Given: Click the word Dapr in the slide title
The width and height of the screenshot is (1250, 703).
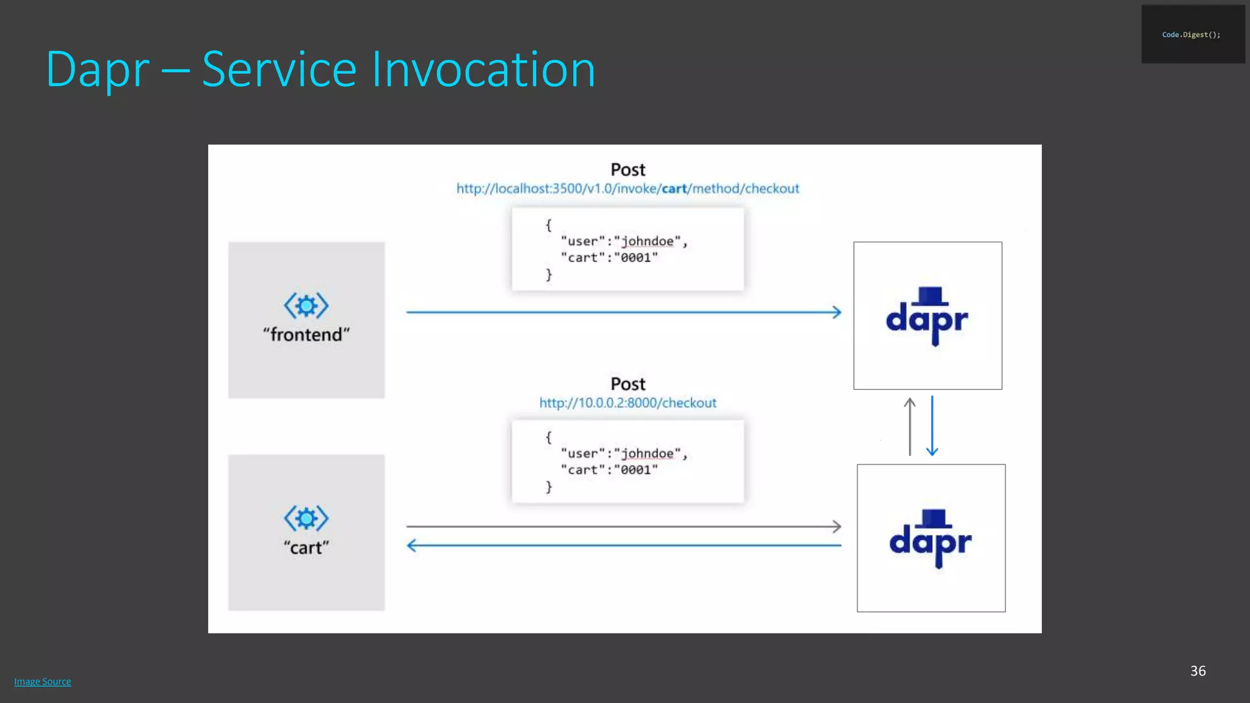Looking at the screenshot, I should tap(98, 70).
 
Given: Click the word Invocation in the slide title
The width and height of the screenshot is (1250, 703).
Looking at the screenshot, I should tap(483, 70).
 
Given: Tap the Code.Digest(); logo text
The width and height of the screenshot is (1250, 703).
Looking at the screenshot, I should tap(1191, 35).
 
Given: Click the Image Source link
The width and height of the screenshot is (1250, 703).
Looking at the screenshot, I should tap(43, 682).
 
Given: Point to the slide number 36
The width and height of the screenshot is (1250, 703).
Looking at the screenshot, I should tap(1198, 671).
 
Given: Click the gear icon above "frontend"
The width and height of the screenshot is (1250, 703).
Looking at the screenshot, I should tap(306, 305).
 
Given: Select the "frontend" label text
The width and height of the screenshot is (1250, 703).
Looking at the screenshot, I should tap(306, 334).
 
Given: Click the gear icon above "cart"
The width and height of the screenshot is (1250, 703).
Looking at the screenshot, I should tap(306, 518).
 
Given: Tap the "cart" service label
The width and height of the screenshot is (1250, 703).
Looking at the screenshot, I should tap(306, 547).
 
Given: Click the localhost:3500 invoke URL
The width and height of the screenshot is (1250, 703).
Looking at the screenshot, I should tap(627, 189).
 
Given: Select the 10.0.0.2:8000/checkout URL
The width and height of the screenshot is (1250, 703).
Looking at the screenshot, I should tap(627, 403).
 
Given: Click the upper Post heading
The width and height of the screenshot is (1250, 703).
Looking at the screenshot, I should tap(627, 170).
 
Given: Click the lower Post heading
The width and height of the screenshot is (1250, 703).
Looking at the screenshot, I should tap(627, 384).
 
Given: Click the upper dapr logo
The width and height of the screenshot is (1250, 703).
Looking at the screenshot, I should tap(927, 316).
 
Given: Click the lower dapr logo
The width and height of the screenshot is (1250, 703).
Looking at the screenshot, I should tap(931, 538).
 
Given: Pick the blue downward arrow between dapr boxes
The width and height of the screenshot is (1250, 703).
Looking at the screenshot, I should tap(932, 426).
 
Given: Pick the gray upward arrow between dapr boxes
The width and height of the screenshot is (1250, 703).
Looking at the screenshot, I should tap(909, 426).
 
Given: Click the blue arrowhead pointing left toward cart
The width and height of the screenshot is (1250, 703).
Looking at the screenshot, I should tap(412, 545).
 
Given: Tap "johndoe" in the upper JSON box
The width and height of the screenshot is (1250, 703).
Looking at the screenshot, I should tap(647, 241).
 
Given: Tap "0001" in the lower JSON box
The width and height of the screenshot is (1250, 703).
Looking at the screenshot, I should tap(636, 470).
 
